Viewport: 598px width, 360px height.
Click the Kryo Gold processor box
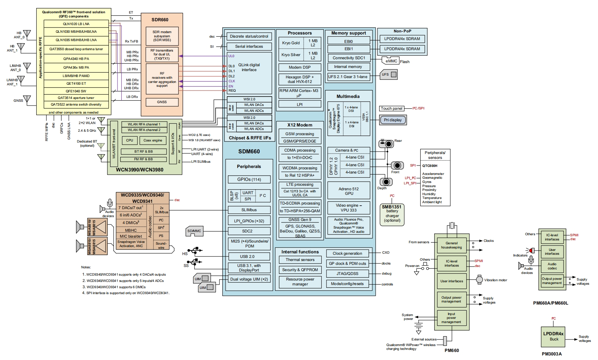(291, 43)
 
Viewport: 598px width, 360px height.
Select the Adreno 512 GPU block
(348, 191)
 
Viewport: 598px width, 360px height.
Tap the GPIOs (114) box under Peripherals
(249, 179)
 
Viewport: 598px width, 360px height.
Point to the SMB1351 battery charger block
(392, 214)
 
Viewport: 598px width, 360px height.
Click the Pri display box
(393, 120)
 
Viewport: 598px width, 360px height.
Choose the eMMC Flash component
(391, 61)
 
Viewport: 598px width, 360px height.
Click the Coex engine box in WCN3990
(153, 140)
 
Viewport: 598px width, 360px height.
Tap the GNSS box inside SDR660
(162, 102)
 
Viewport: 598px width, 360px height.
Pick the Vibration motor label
(496, 280)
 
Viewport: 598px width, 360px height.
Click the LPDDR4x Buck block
(553, 336)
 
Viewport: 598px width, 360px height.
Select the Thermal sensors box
(300, 260)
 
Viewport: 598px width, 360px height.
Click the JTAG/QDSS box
(347, 274)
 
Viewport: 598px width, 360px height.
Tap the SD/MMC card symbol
(194, 231)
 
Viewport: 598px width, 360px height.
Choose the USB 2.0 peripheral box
(249, 256)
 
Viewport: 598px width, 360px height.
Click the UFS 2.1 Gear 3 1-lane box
(348, 77)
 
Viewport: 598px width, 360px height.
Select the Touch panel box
(392, 108)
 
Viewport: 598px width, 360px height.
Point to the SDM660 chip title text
(249, 152)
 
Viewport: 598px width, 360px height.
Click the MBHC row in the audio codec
(131, 230)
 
